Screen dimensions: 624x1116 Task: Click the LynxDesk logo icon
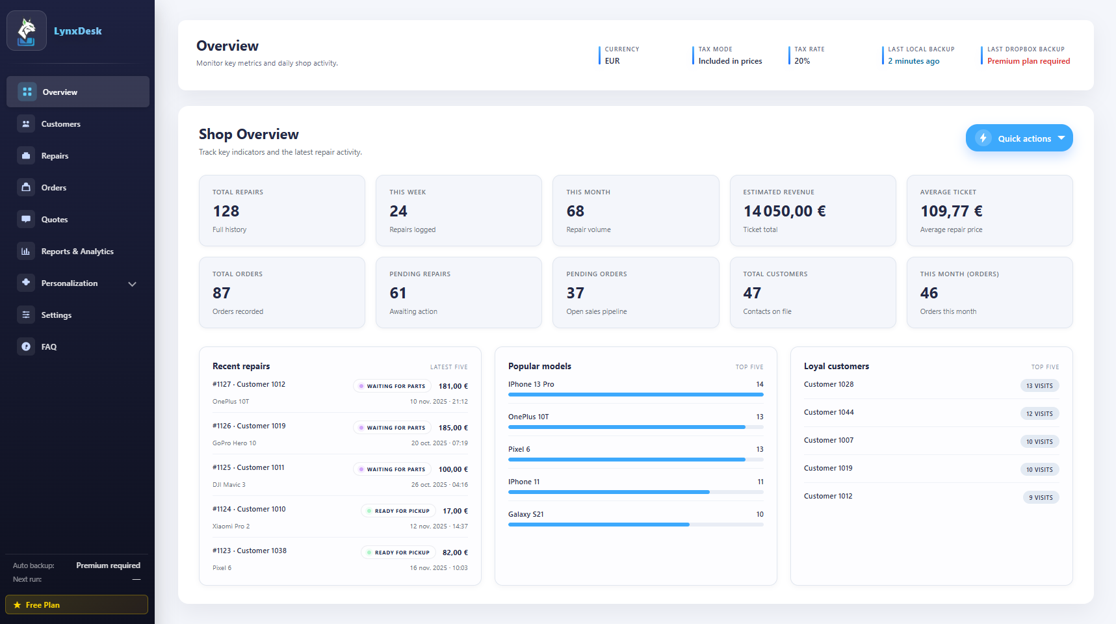(x=27, y=31)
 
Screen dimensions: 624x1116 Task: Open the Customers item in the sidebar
(x=60, y=124)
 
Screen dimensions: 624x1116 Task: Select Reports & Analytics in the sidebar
(x=77, y=252)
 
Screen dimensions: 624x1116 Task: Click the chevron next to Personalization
(x=133, y=284)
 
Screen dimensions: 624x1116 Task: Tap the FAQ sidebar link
(x=49, y=347)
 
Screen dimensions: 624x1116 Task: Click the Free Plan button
(x=77, y=604)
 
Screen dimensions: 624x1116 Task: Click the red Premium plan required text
(x=1028, y=61)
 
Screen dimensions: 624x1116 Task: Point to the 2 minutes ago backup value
(x=913, y=61)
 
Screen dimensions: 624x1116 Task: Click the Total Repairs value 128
(x=226, y=211)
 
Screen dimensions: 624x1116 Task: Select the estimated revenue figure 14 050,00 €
(x=785, y=211)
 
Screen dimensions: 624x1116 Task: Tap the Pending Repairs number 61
(x=398, y=293)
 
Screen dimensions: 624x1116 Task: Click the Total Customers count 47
(x=752, y=293)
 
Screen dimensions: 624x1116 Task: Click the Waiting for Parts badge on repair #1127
(x=392, y=386)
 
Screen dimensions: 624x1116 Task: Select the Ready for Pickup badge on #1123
(x=396, y=552)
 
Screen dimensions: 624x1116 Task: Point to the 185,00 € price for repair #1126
(x=453, y=428)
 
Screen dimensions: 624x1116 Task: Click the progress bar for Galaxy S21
(x=635, y=525)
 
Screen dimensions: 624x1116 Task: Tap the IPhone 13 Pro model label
(x=531, y=384)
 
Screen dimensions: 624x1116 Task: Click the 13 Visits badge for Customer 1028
(x=1039, y=386)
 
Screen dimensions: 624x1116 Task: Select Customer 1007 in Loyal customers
(x=829, y=440)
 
